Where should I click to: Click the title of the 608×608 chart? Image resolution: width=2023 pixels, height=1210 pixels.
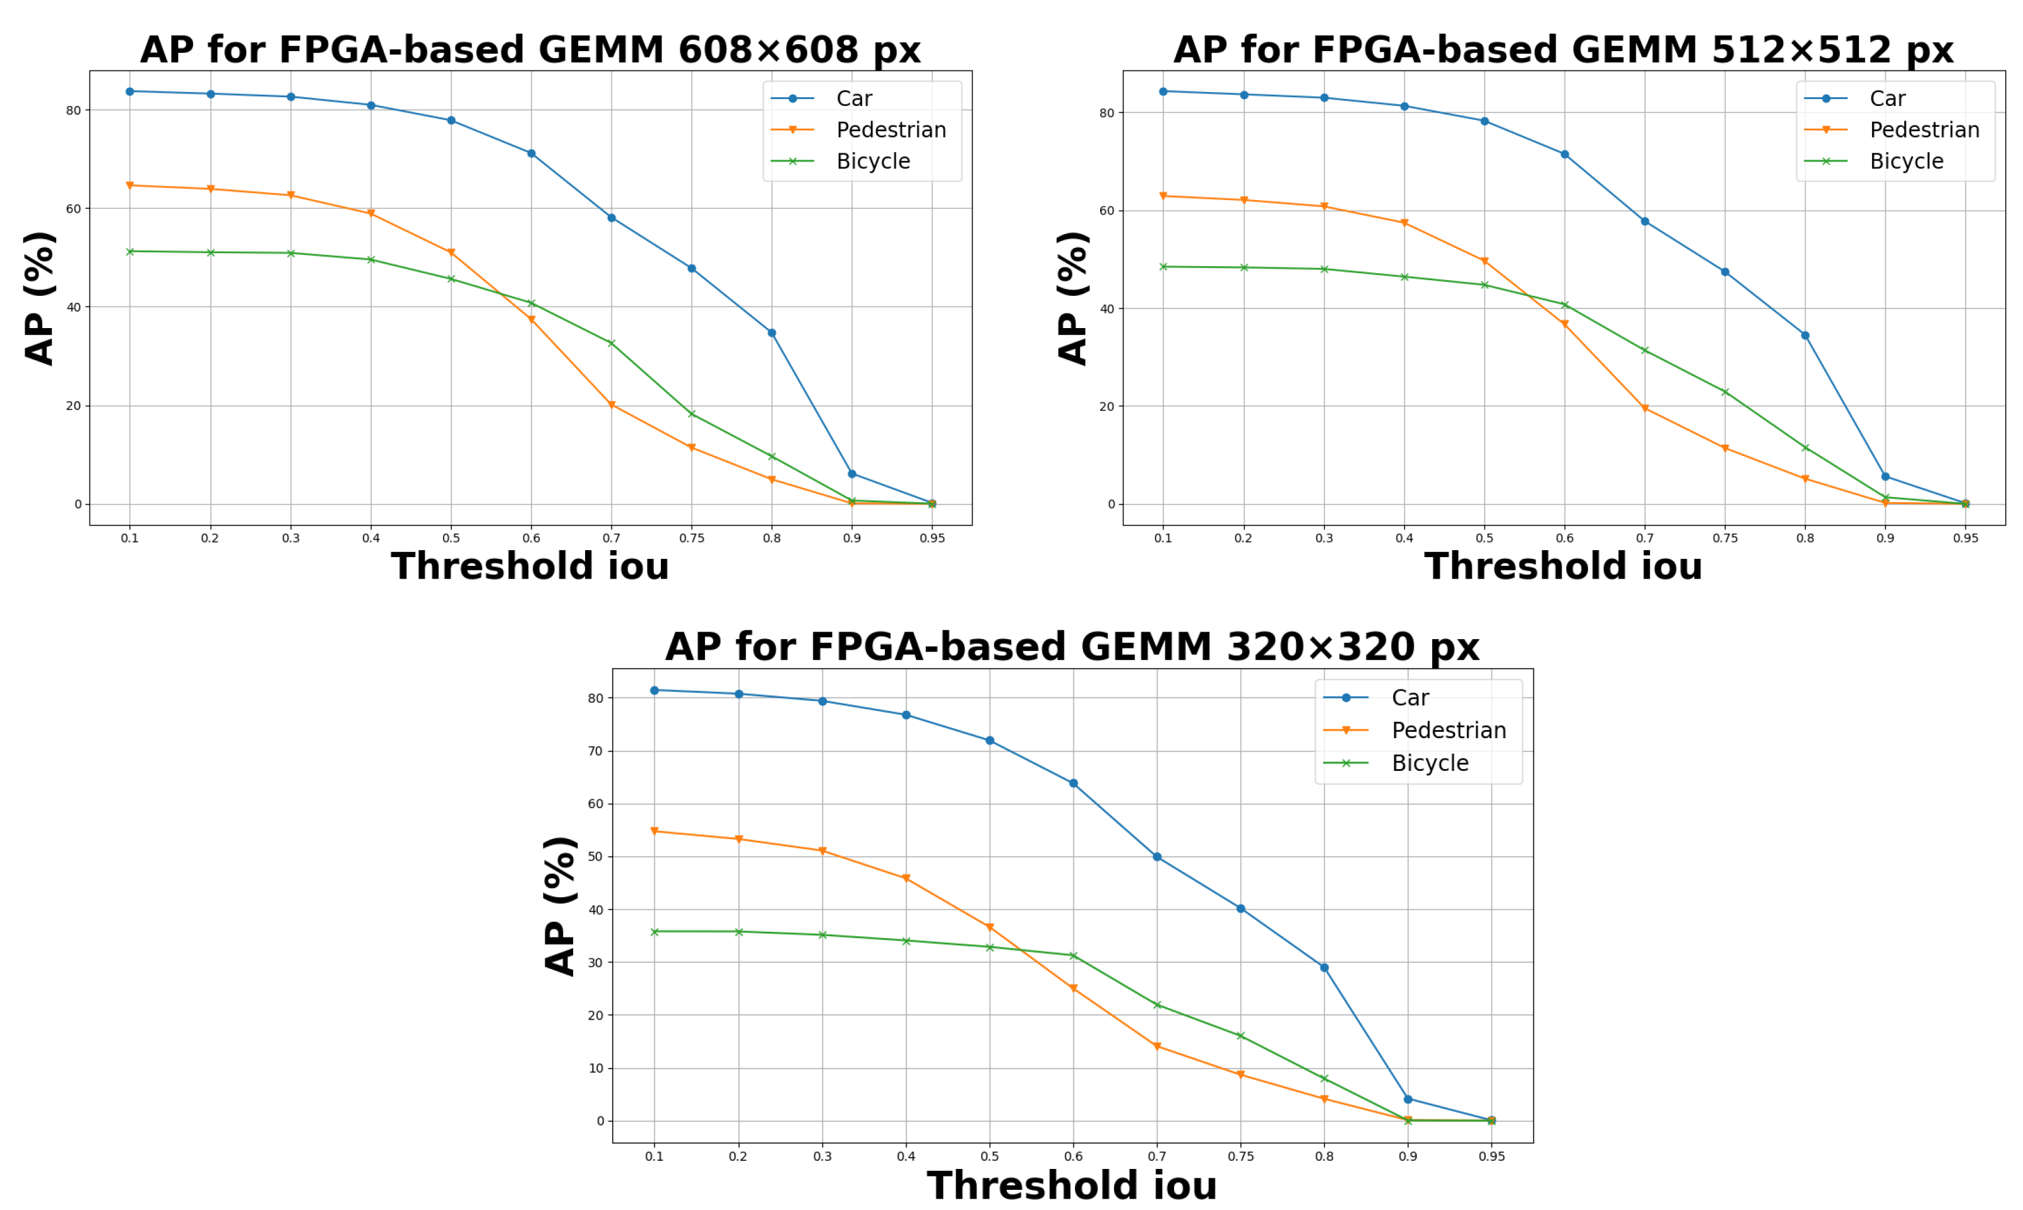[x=530, y=50]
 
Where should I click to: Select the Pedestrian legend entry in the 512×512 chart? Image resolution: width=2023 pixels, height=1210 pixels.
[x=1923, y=130]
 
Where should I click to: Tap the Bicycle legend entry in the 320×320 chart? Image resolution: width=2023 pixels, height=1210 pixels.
[x=1429, y=763]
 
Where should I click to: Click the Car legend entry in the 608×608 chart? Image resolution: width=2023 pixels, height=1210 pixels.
[x=853, y=98]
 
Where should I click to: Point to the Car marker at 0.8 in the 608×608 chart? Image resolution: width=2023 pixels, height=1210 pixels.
[x=772, y=332]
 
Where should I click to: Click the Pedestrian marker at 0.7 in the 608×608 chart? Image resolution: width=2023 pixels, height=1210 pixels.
[x=611, y=405]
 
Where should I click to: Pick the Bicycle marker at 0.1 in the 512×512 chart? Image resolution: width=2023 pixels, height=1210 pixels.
[x=1163, y=267]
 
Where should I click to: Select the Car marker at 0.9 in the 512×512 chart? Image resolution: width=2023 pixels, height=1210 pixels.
[x=1885, y=476]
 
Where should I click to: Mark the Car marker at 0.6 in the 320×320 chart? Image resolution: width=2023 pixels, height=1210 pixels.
[x=1074, y=783]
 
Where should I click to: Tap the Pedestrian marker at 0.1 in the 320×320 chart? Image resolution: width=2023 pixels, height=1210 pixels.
[x=654, y=831]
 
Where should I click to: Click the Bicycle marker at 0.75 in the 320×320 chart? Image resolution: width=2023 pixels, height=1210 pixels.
[x=1241, y=1035]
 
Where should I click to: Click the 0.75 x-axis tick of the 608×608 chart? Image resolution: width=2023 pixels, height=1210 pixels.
[x=691, y=538]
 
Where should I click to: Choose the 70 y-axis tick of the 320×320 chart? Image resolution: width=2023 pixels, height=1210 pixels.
[x=595, y=751]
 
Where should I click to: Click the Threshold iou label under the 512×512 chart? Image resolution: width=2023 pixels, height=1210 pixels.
[x=1563, y=566]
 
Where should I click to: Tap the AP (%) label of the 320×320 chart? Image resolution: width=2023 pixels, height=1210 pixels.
[x=561, y=905]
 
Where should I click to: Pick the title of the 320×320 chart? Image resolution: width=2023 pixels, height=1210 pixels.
[x=1072, y=647]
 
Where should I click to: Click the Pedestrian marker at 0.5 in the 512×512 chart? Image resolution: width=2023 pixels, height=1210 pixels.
[x=1484, y=262]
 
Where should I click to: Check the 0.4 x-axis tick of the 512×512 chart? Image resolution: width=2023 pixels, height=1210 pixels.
[x=1404, y=538]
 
